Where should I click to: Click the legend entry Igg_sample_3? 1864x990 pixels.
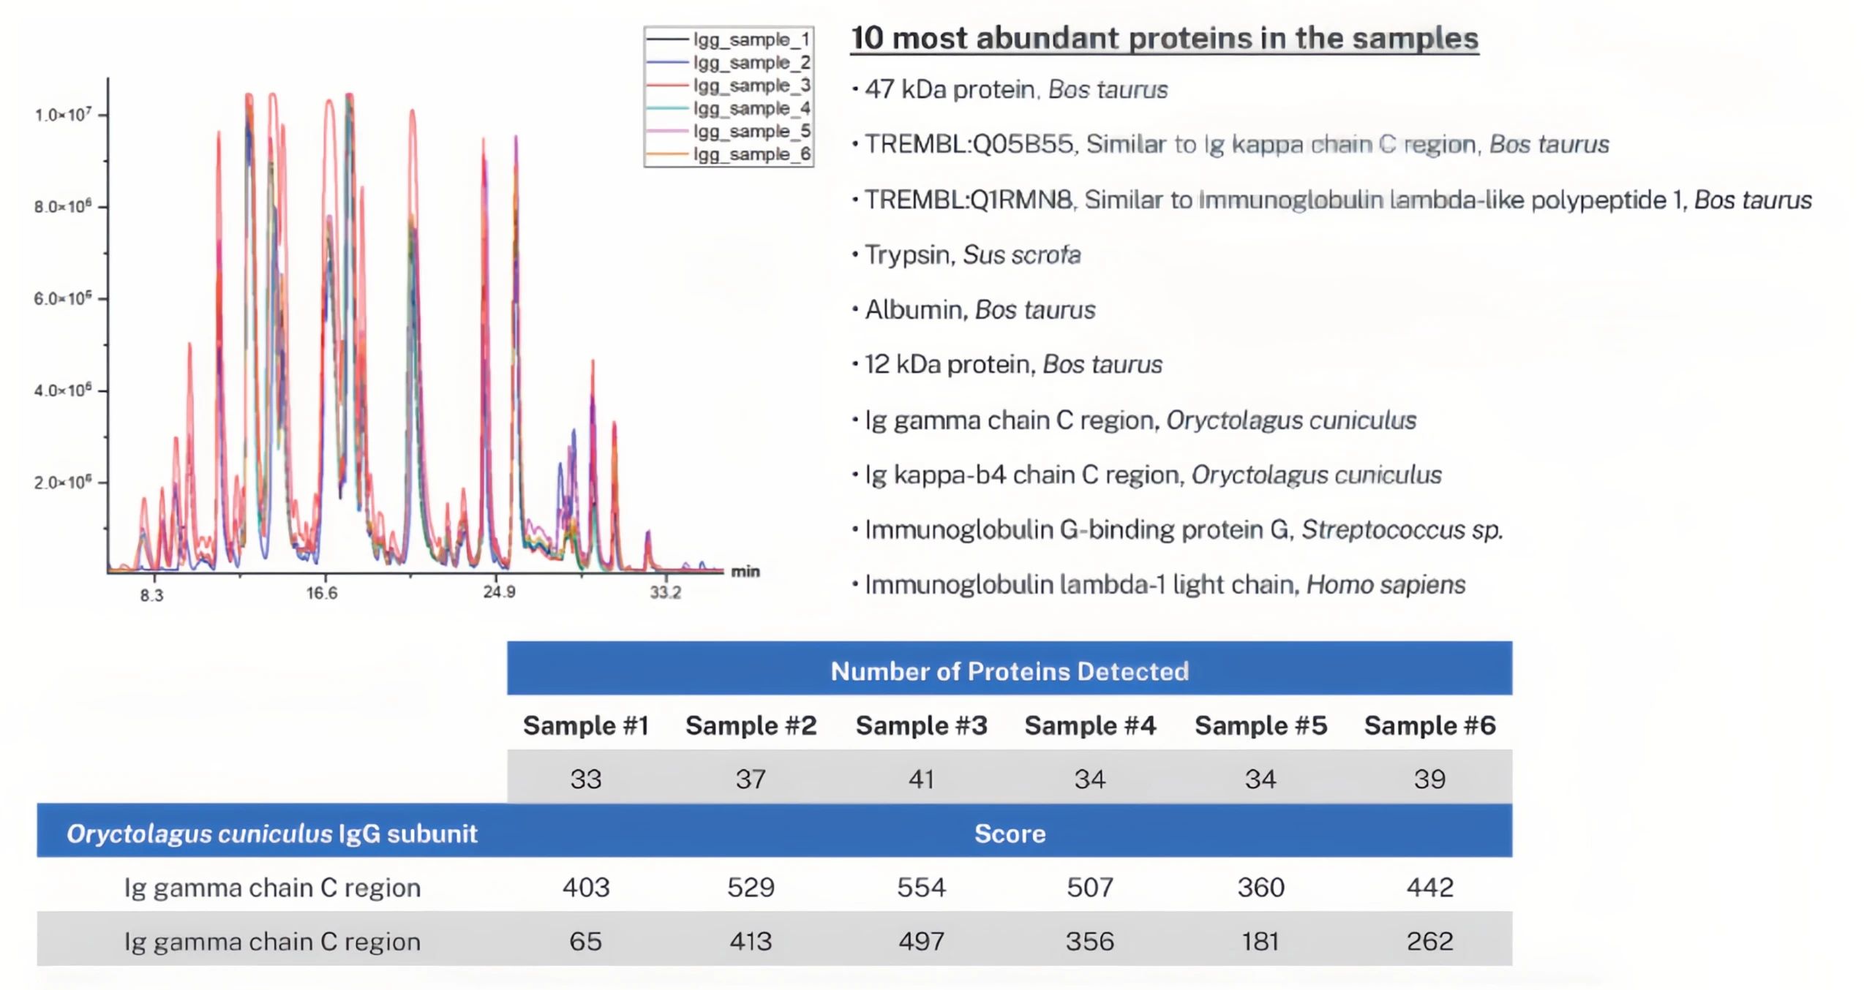(x=751, y=86)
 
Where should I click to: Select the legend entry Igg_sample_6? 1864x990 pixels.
(x=751, y=154)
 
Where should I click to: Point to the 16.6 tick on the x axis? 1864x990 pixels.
(x=322, y=593)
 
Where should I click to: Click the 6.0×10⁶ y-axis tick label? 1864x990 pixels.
(x=63, y=298)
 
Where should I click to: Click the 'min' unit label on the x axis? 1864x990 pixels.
(x=745, y=572)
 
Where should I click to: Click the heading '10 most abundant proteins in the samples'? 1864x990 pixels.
(x=1164, y=39)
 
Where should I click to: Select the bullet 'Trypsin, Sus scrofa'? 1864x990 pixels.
(x=972, y=254)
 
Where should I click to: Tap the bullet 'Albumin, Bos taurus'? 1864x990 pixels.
(x=980, y=310)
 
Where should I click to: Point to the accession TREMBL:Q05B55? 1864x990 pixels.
(x=969, y=145)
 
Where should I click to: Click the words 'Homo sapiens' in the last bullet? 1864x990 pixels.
(x=1386, y=585)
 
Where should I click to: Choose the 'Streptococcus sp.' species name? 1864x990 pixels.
(x=1402, y=529)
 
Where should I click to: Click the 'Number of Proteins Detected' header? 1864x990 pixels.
(x=1010, y=671)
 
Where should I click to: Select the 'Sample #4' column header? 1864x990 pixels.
(x=1090, y=725)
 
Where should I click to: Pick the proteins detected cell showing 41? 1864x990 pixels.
(x=921, y=779)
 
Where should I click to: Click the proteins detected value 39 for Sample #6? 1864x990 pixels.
(x=1429, y=779)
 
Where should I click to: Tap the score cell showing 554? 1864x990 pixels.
(x=921, y=887)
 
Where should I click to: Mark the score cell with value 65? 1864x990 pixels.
(x=585, y=941)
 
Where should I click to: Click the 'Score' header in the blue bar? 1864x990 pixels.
(x=1010, y=834)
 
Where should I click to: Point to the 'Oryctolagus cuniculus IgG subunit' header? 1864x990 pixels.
(x=271, y=834)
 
